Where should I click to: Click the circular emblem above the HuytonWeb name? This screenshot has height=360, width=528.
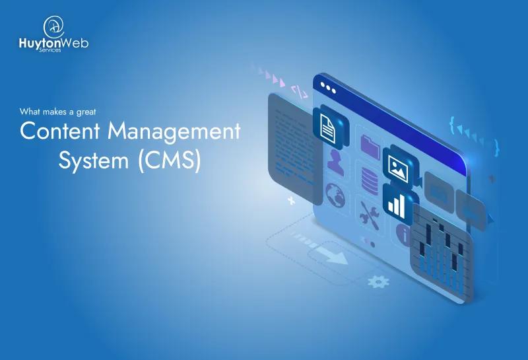(x=53, y=26)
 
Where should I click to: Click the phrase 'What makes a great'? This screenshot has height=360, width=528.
(x=58, y=111)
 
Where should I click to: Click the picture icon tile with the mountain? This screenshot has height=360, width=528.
(x=396, y=164)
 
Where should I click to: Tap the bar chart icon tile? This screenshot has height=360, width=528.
(x=396, y=203)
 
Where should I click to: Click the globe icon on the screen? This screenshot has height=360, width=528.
(x=336, y=194)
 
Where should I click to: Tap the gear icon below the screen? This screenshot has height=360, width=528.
(x=377, y=282)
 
